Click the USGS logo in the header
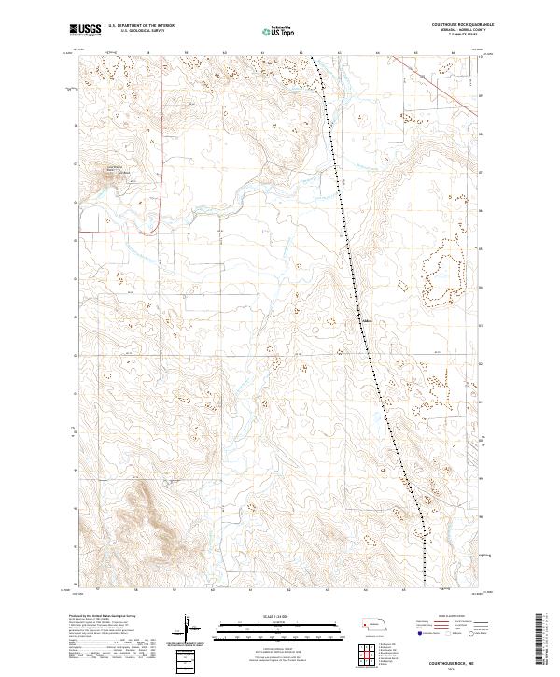(85, 31)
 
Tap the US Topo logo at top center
(280, 32)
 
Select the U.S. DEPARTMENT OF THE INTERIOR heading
(141, 26)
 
